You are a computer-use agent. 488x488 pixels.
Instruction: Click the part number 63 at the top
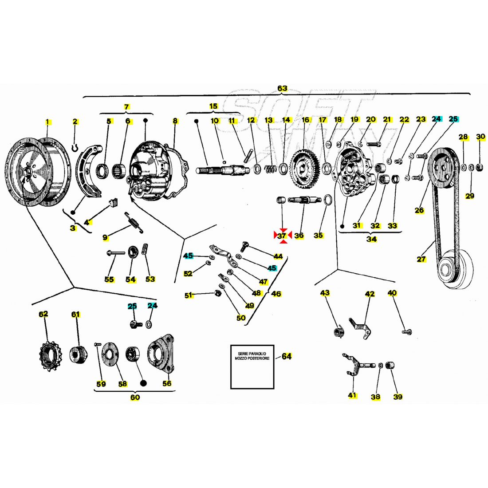tap(283, 88)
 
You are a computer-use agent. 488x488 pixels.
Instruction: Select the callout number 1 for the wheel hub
tap(48, 122)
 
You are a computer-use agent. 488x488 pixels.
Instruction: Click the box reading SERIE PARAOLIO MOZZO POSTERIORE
tap(252, 366)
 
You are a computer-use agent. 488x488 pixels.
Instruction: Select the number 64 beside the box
tap(287, 356)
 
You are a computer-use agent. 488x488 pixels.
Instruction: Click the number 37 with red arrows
tap(282, 236)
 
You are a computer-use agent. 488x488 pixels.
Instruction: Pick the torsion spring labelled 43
tap(339, 331)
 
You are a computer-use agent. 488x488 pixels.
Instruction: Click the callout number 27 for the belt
tap(421, 259)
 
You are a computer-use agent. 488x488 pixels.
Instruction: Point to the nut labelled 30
tap(480, 167)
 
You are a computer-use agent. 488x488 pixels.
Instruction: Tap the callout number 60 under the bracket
tap(135, 397)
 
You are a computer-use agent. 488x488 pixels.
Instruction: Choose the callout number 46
tap(276, 294)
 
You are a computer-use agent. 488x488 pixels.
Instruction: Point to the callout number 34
tap(371, 239)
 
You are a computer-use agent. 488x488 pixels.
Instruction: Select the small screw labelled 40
tap(405, 331)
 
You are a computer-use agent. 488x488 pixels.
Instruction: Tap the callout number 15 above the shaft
tap(214, 106)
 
